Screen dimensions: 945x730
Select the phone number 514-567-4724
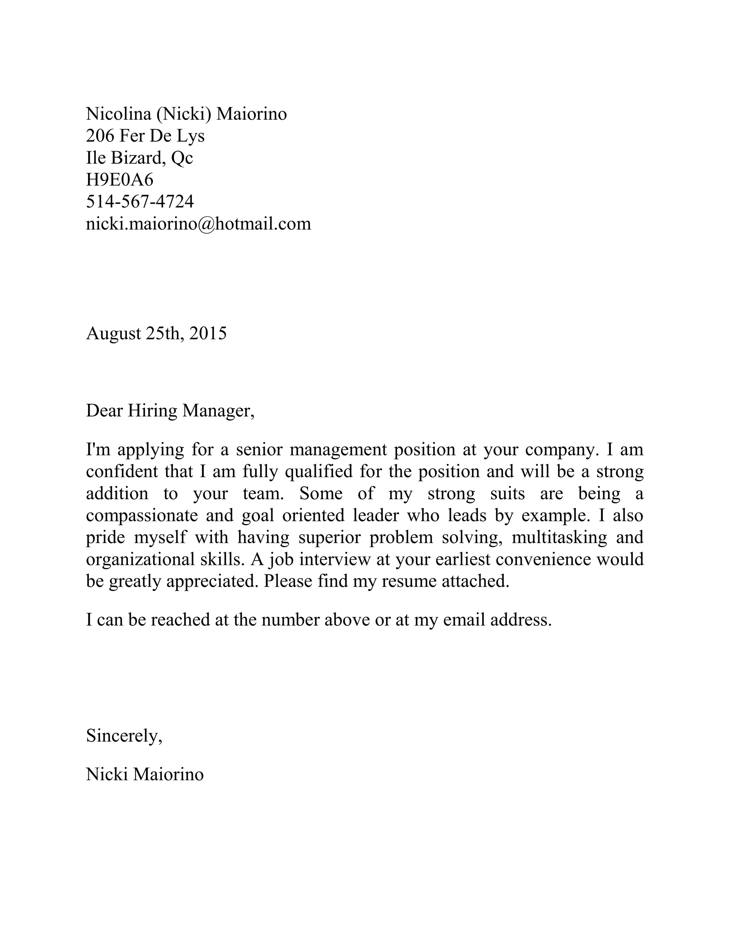(140, 201)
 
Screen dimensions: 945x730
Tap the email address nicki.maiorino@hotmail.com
(199, 224)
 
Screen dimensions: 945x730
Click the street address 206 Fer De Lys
(145, 136)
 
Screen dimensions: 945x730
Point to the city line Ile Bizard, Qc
(139, 158)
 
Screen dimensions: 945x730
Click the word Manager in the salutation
(217, 410)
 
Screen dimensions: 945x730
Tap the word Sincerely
(124, 736)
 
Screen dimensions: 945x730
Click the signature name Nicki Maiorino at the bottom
(144, 775)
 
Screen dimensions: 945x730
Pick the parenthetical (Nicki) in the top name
(184, 114)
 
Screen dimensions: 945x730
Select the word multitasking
(559, 538)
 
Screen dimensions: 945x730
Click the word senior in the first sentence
(259, 450)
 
